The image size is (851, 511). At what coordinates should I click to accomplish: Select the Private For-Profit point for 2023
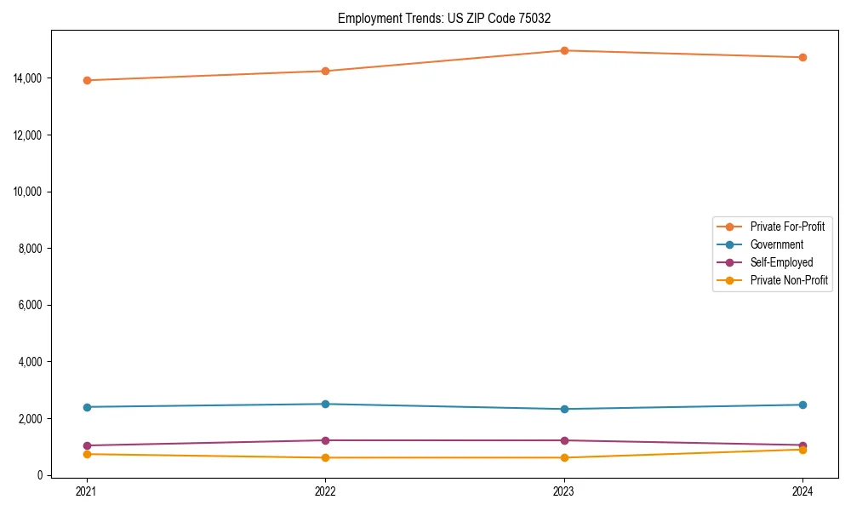(x=564, y=50)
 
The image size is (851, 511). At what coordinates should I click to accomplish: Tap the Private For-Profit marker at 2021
(x=86, y=80)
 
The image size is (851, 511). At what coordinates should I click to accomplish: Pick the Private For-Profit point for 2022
(x=325, y=71)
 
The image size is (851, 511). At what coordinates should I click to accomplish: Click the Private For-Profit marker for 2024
(x=802, y=57)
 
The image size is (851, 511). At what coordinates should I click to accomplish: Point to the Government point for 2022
(x=325, y=404)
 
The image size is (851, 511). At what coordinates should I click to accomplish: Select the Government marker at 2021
(x=86, y=407)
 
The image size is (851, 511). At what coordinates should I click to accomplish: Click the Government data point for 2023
(x=564, y=409)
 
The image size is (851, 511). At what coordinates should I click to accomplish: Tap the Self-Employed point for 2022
(x=325, y=440)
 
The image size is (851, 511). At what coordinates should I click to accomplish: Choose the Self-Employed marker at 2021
(x=86, y=445)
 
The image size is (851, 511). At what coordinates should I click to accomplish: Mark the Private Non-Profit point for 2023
(x=564, y=457)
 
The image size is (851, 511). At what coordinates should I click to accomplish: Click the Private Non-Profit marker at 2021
(x=86, y=454)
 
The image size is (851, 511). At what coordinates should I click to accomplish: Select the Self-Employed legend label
(x=781, y=262)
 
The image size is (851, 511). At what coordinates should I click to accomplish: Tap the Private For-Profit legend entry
(x=787, y=227)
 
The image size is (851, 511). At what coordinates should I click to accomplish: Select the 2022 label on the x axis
(x=325, y=491)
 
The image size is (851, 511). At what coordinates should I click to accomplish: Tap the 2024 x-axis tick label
(x=802, y=491)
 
